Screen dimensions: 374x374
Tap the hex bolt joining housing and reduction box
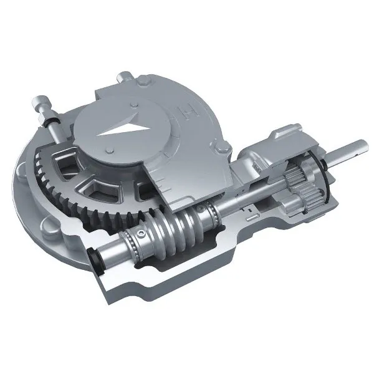click(x=223, y=149)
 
